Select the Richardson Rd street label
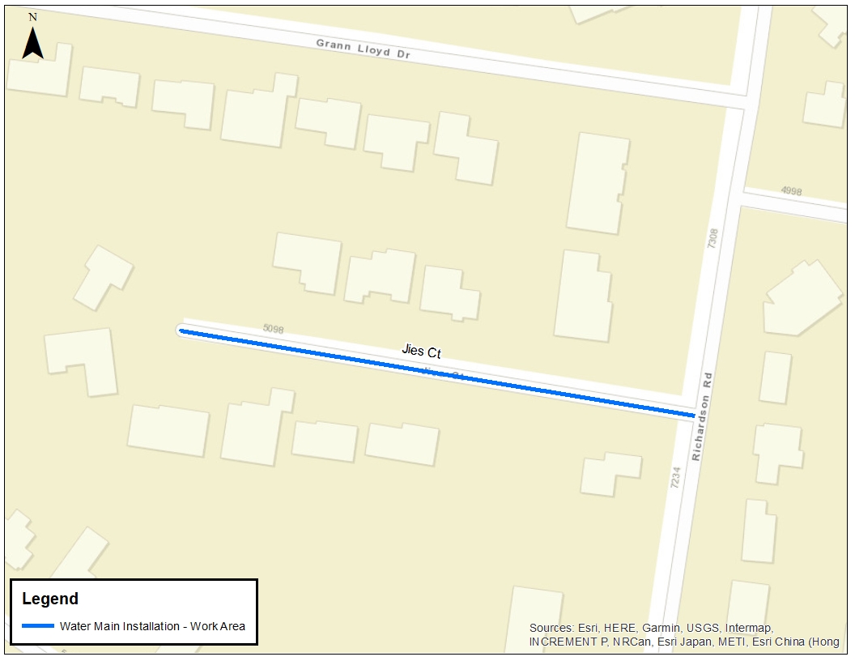pyautogui.click(x=701, y=416)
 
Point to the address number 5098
pyautogui.click(x=275, y=329)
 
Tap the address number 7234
pyautogui.click(x=674, y=476)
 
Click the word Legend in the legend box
pyautogui.click(x=50, y=599)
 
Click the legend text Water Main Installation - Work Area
pyautogui.click(x=152, y=626)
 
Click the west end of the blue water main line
pyautogui.click(x=181, y=330)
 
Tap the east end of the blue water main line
pyautogui.click(x=692, y=416)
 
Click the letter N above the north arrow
pyautogui.click(x=32, y=16)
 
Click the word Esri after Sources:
pyautogui.click(x=588, y=628)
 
